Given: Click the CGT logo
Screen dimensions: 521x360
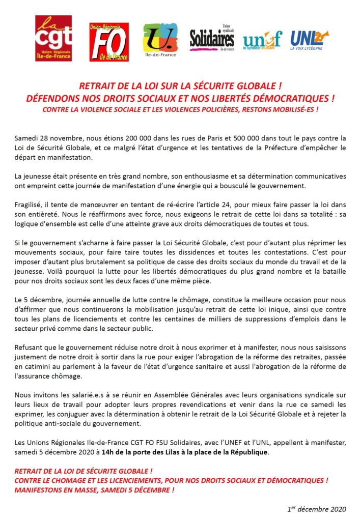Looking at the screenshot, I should point(53,38).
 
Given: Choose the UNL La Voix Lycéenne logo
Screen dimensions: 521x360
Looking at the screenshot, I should point(309,39).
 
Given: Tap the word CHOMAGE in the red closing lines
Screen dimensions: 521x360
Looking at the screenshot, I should point(73,481).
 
